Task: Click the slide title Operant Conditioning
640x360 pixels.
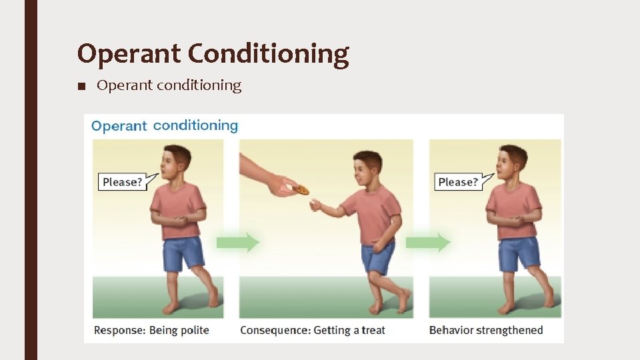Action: point(213,54)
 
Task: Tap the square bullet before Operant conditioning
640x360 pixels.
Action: point(81,86)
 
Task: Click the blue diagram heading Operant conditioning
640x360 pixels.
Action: point(164,125)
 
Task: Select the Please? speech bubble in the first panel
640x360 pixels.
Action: point(123,181)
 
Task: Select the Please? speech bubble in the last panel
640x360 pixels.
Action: point(459,181)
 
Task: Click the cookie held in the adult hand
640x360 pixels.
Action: point(301,190)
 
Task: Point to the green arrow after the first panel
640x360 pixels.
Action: point(237,242)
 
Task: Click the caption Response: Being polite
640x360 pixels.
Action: point(151,330)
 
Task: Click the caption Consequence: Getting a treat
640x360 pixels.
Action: point(312,330)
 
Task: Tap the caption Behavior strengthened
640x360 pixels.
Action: point(486,330)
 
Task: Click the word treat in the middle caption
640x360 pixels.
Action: point(373,330)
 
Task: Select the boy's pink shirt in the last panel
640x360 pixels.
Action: point(514,210)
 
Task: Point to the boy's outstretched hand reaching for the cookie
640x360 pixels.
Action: point(316,207)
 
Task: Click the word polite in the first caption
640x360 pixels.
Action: point(194,330)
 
